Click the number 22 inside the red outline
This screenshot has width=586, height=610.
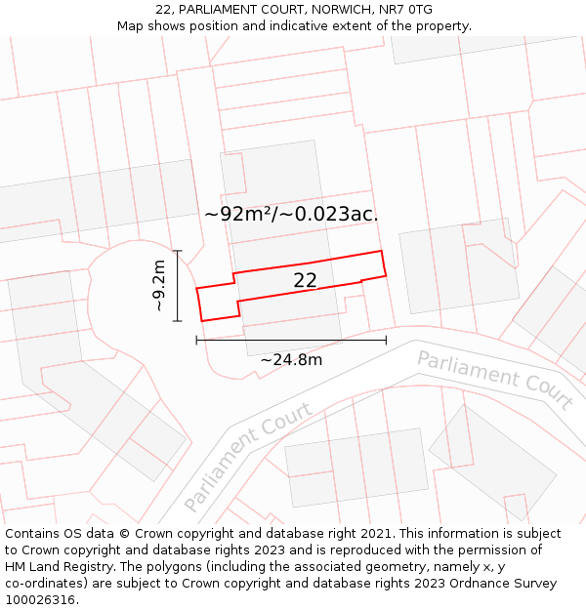tap(305, 280)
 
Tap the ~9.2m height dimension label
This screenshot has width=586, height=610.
tap(159, 286)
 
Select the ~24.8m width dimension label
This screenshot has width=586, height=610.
tap(291, 359)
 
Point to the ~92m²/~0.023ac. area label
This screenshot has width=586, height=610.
tap(291, 214)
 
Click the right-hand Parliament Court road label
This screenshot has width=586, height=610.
tap(494, 379)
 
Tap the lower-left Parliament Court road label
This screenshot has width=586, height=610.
tap(247, 457)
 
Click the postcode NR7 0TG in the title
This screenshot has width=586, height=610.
tap(406, 10)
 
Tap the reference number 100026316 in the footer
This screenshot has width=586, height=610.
tap(40, 599)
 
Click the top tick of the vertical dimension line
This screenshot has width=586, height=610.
tap(177, 251)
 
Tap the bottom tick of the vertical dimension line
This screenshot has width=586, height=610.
tap(177, 321)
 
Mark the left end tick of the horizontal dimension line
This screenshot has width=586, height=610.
tap(197, 340)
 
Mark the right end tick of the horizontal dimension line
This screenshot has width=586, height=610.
tap(386, 340)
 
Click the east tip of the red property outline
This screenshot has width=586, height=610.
tap(385, 275)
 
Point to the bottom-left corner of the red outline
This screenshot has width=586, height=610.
tap(202, 320)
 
